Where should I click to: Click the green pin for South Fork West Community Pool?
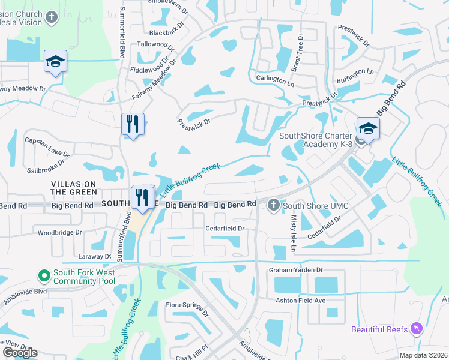click(x=44, y=276)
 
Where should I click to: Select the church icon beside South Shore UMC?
click(x=273, y=206)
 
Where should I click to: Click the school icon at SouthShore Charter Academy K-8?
click(x=368, y=128)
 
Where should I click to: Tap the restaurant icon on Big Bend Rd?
click(x=142, y=197)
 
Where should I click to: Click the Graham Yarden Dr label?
click(x=295, y=270)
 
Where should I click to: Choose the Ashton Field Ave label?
click(x=300, y=300)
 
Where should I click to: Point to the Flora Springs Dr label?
click(x=187, y=309)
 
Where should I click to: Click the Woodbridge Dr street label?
click(x=59, y=232)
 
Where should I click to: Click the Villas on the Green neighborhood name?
click(x=74, y=187)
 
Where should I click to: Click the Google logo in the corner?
click(x=20, y=353)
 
